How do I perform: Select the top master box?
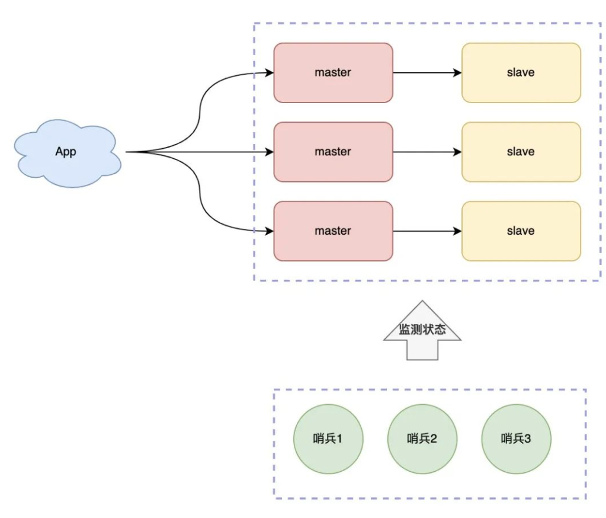click(333, 72)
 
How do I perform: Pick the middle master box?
click(333, 152)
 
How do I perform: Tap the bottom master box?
click(333, 231)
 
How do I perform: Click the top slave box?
click(521, 72)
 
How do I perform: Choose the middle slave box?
click(521, 152)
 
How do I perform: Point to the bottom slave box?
click(521, 231)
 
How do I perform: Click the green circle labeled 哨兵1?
click(328, 439)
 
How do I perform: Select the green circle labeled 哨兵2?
click(422, 439)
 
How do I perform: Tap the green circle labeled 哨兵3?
click(516, 439)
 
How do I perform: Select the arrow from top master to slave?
click(427, 73)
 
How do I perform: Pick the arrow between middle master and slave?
click(427, 152)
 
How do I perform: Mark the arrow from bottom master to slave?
click(427, 231)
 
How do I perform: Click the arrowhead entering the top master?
click(270, 73)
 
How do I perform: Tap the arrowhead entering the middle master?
click(270, 152)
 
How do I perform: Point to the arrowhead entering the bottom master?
click(270, 231)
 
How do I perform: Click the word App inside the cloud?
click(66, 152)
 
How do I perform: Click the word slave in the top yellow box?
click(521, 72)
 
